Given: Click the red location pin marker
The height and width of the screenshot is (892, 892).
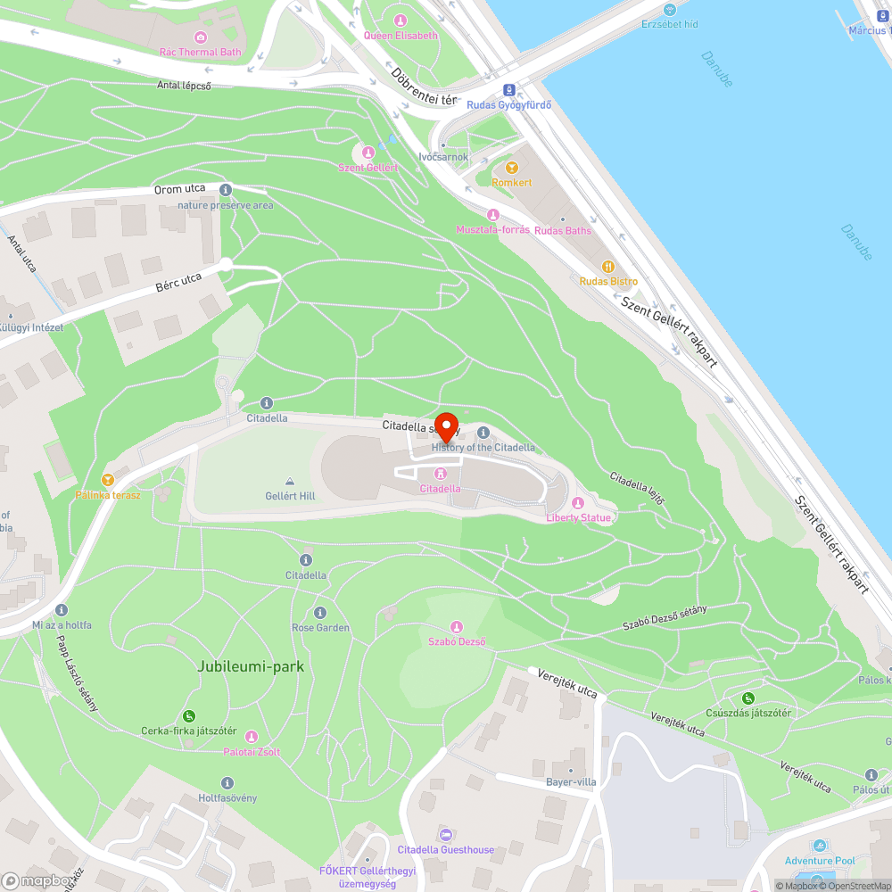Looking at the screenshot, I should pyautogui.click(x=445, y=425).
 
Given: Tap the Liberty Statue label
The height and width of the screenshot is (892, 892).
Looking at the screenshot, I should pyautogui.click(x=579, y=517).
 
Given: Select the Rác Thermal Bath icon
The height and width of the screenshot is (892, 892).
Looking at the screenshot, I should pyautogui.click(x=201, y=37).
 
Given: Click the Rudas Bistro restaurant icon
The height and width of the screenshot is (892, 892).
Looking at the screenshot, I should pyautogui.click(x=608, y=266).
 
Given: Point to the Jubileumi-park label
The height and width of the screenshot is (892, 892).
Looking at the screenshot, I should pyautogui.click(x=251, y=666).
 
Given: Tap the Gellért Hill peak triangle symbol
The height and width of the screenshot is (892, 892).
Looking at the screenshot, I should pyautogui.click(x=290, y=482).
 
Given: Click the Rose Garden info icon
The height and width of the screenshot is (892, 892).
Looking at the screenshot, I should pyautogui.click(x=320, y=613).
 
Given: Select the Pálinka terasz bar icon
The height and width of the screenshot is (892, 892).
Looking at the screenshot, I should pyautogui.click(x=108, y=480).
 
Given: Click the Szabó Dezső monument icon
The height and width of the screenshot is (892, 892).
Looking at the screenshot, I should pyautogui.click(x=458, y=627).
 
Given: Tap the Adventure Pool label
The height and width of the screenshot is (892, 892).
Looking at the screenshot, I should pyautogui.click(x=820, y=861).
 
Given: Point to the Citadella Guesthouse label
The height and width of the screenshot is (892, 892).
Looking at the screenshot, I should pyautogui.click(x=445, y=850).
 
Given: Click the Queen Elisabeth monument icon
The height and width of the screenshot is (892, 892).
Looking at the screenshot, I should pyautogui.click(x=401, y=21).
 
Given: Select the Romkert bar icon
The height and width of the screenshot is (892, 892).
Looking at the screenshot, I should pyautogui.click(x=511, y=168).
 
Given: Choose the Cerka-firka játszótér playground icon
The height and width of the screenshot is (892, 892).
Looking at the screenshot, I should pyautogui.click(x=189, y=716).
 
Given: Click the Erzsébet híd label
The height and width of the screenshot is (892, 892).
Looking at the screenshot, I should pyautogui.click(x=670, y=24).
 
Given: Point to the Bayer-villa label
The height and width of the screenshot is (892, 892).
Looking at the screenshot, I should pyautogui.click(x=571, y=782).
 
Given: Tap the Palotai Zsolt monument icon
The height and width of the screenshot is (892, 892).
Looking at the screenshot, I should pyautogui.click(x=252, y=737).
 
